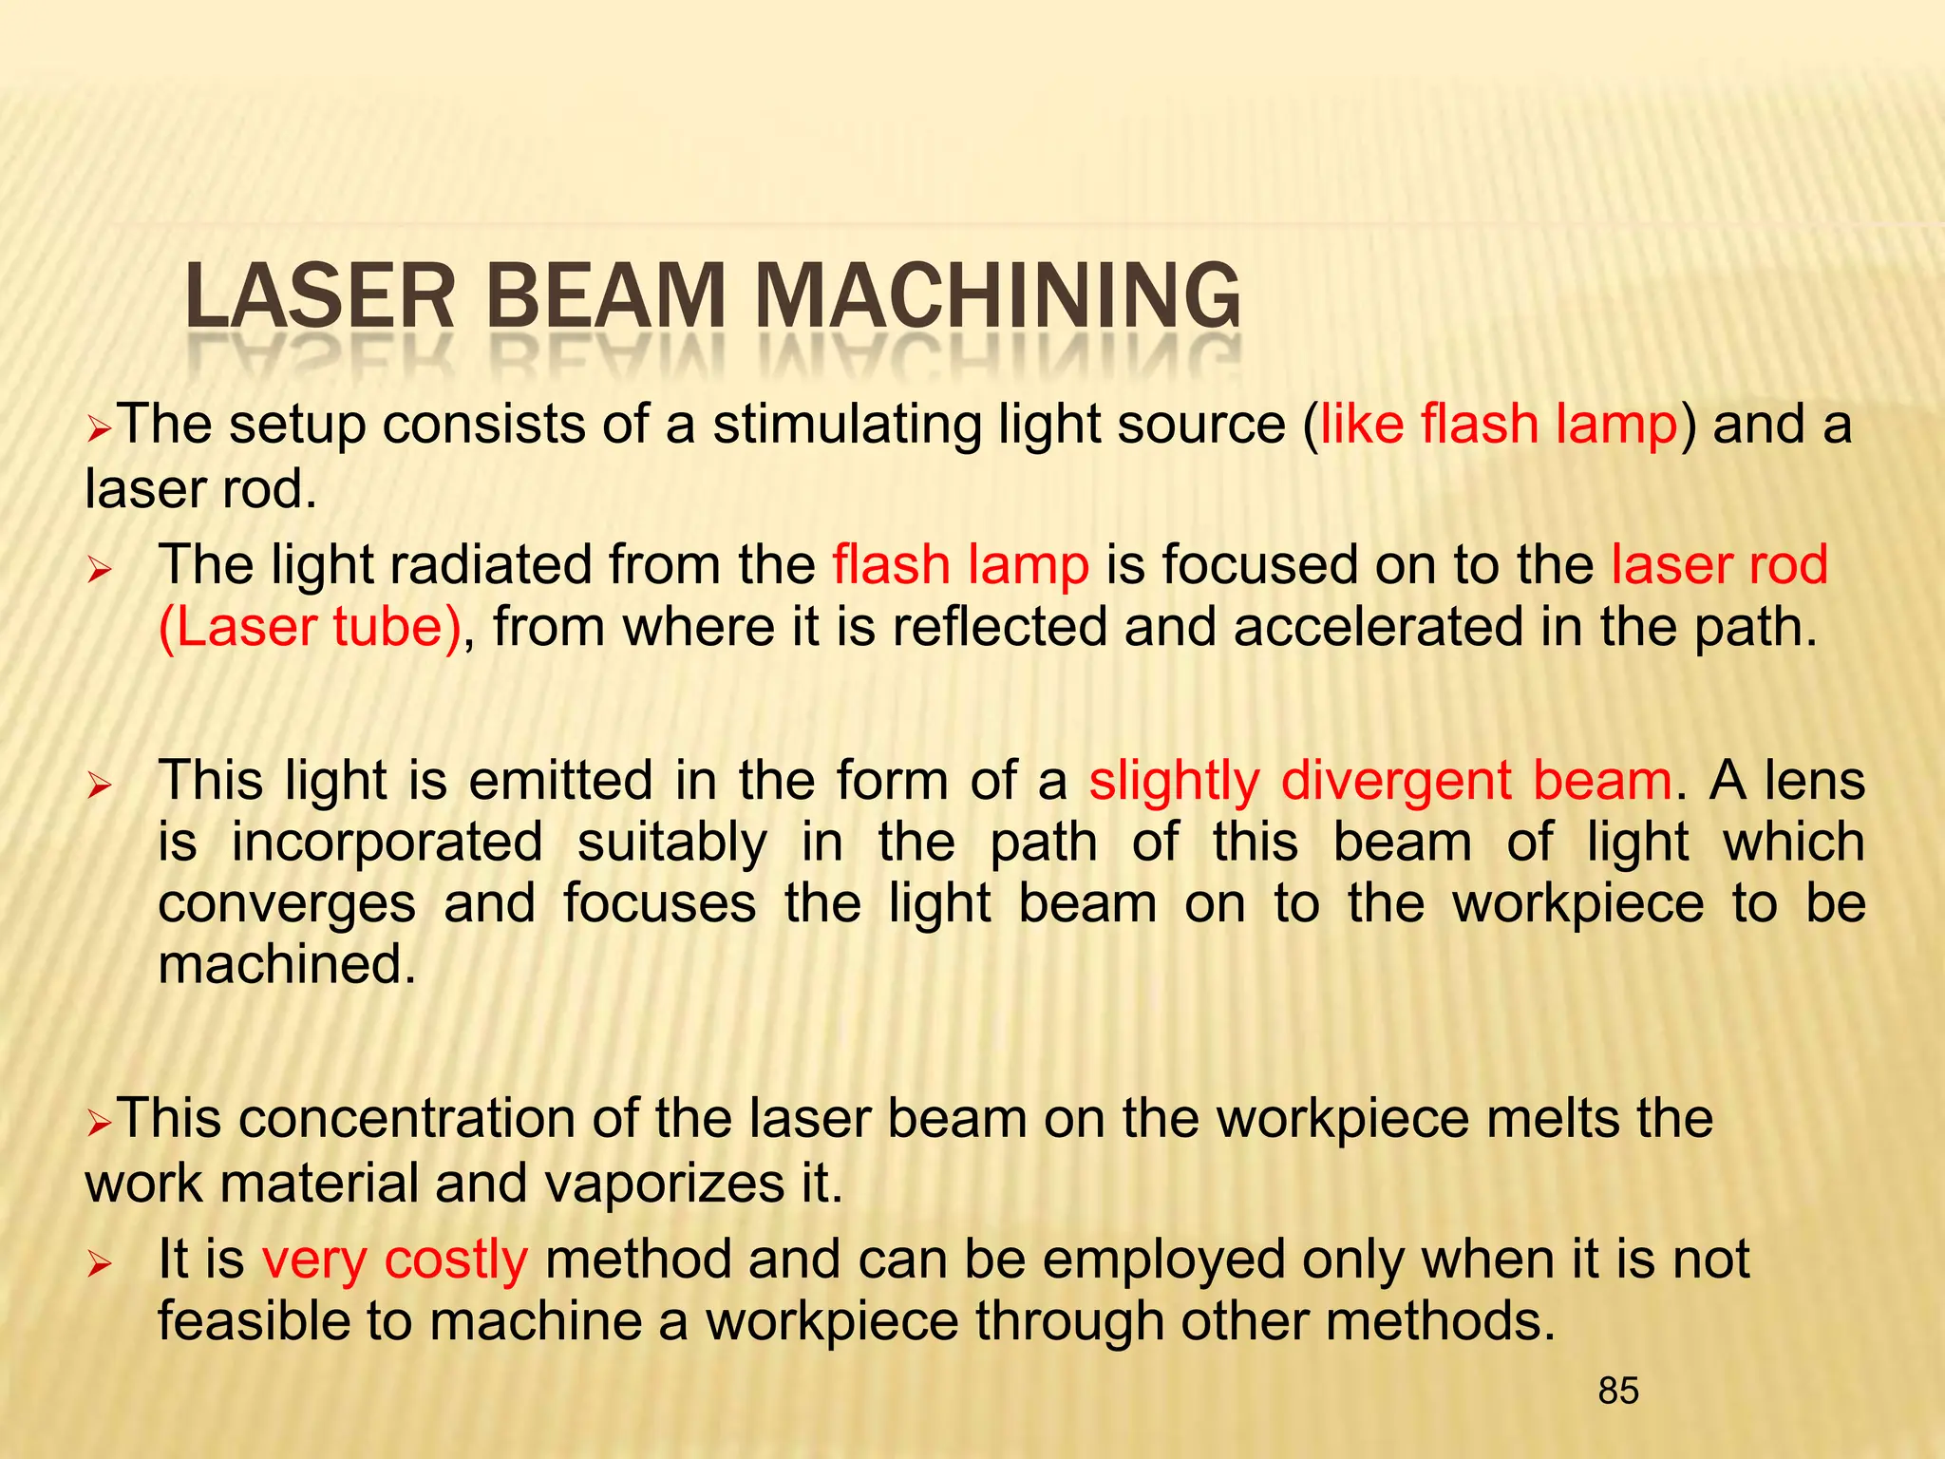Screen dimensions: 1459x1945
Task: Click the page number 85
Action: pos(1618,1391)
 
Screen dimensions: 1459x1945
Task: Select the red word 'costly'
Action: pos(456,1260)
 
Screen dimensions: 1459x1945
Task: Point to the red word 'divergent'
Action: pos(1396,781)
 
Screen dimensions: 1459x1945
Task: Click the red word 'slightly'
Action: pos(1174,783)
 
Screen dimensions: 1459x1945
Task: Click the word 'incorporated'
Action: pos(387,843)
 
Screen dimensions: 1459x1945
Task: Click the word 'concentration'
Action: pos(407,1118)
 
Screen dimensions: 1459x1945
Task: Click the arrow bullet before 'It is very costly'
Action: pos(99,1263)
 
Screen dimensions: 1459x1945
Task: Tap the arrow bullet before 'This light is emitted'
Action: pos(99,785)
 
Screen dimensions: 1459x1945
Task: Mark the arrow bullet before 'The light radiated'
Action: pos(99,569)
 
